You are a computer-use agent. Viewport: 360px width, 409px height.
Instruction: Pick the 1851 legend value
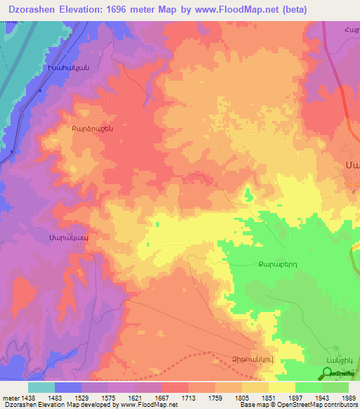click(268, 397)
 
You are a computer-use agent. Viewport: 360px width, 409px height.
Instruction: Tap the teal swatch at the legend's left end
click(41, 387)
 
